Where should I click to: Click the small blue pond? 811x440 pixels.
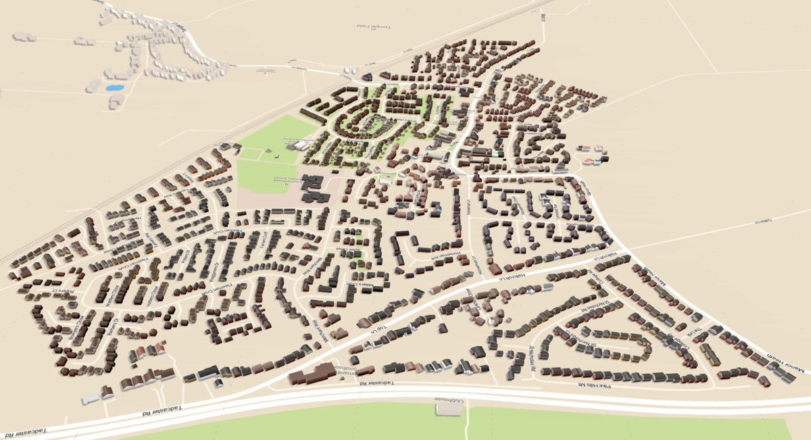pos(114,88)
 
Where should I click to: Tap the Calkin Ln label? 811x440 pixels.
pos(762,221)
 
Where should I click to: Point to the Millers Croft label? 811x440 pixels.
pos(351,285)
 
